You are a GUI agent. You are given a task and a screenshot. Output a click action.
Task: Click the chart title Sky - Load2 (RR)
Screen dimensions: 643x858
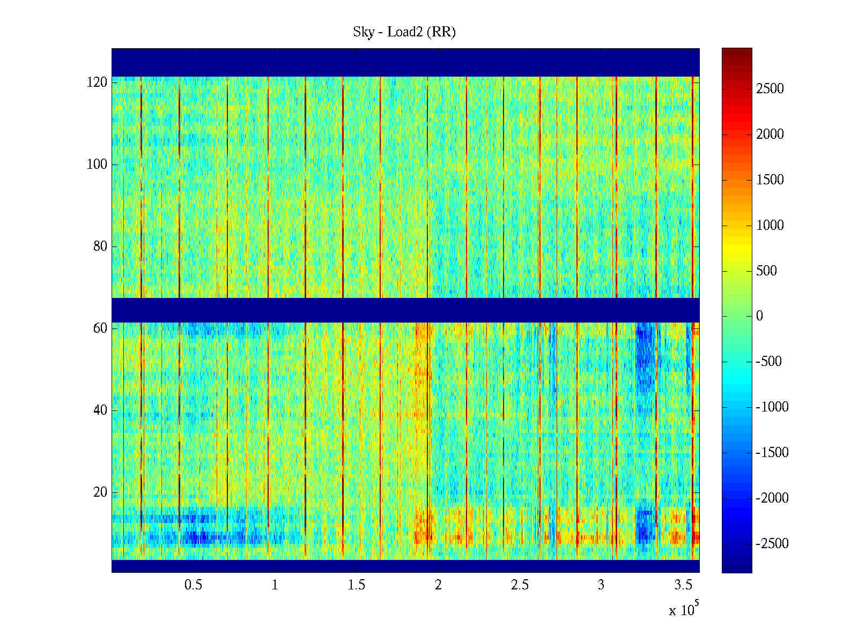pos(404,32)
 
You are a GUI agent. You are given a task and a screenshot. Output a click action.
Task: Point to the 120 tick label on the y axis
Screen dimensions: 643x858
pos(97,83)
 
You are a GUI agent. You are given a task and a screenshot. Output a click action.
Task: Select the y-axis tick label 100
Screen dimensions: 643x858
pos(97,165)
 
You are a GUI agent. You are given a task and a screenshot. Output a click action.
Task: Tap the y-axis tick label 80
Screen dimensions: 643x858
pos(100,246)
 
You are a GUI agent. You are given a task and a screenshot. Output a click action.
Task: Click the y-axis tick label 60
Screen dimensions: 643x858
pos(100,328)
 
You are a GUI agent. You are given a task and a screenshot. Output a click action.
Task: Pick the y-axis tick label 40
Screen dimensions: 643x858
pos(100,410)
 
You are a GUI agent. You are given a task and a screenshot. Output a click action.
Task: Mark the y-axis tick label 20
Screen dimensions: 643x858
pos(100,492)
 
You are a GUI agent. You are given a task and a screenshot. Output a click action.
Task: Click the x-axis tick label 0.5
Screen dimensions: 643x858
pos(193,585)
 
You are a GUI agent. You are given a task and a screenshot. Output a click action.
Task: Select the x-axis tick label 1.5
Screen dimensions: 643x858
pos(356,585)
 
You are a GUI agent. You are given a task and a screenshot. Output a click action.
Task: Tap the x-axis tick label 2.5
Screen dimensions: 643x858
pos(520,585)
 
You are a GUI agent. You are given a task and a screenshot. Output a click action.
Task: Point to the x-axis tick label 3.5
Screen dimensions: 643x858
pos(683,585)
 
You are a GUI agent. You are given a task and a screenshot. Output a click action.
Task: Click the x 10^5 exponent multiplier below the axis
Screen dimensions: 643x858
pos(684,610)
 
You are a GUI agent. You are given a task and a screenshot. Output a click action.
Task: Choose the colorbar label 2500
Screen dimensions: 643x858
pos(770,89)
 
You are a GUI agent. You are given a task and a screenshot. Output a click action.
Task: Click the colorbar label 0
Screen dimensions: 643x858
pos(759,316)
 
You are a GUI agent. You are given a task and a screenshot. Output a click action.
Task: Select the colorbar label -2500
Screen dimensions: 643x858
pos(772,544)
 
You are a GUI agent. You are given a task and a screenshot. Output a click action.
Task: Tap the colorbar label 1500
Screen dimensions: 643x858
pos(770,180)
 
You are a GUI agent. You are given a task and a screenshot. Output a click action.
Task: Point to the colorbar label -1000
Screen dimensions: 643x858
pos(772,407)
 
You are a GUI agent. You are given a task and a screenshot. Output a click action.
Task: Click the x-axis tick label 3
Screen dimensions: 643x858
pos(601,585)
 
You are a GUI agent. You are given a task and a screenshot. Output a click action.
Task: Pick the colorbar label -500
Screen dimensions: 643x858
pos(769,362)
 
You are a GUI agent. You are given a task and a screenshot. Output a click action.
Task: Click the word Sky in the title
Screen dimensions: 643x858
pos(363,32)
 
